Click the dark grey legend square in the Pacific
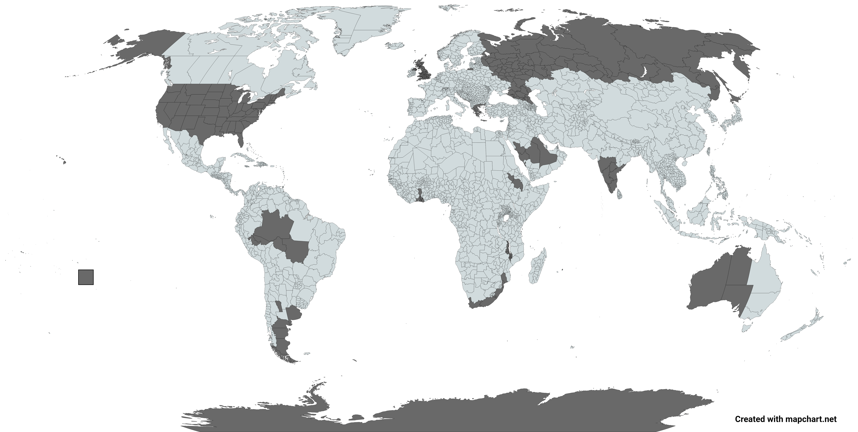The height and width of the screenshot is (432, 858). [86, 277]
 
